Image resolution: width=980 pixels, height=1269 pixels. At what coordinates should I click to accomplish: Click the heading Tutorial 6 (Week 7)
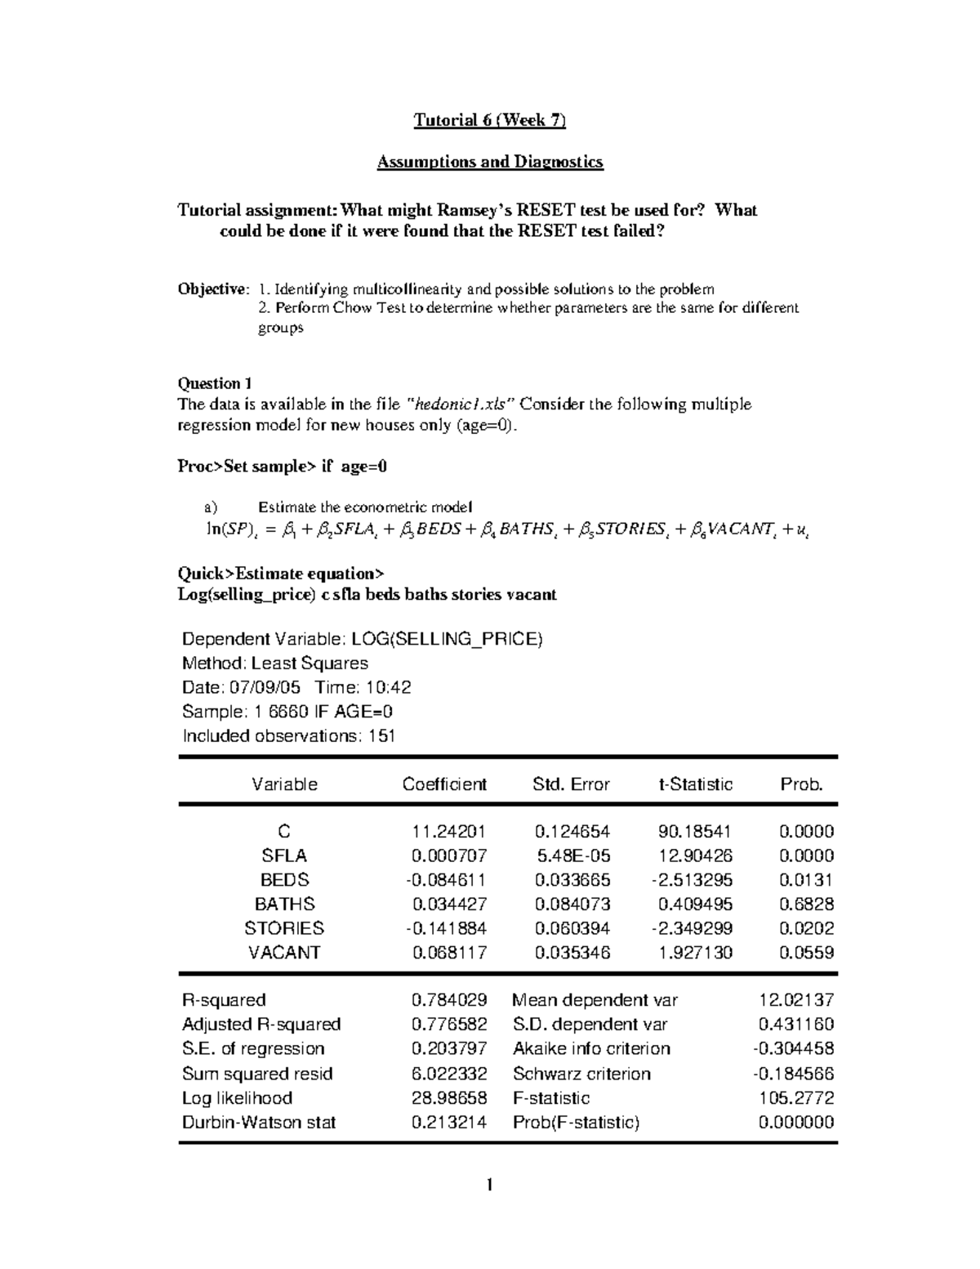489,121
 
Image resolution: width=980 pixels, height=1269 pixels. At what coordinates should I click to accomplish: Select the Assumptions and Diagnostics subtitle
489,162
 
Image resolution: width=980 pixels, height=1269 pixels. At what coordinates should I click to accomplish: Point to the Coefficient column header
444,784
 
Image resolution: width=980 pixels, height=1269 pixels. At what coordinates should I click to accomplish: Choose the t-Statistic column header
696,784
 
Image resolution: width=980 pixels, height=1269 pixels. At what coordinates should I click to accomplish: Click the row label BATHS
284,904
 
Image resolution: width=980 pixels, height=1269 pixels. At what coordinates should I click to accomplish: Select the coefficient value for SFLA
449,856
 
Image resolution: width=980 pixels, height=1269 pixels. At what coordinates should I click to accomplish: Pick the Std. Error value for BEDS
572,880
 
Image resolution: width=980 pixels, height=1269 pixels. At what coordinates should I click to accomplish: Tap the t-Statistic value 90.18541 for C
695,832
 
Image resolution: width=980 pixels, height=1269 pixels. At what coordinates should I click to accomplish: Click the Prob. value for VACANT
806,952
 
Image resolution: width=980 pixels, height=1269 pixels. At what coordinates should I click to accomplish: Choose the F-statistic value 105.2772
796,1097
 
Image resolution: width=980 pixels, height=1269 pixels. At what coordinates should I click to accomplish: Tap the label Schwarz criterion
581,1074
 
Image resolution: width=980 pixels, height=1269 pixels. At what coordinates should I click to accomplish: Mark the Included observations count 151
381,735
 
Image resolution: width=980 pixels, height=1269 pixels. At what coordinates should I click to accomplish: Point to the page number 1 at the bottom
489,1185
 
